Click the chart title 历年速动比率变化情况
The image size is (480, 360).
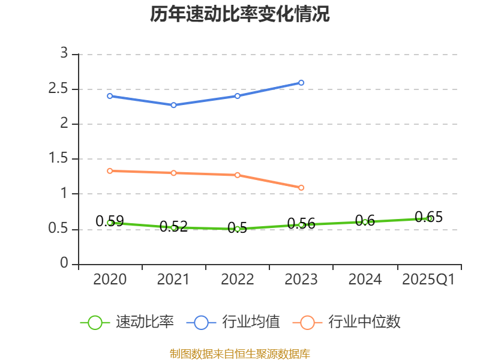240,14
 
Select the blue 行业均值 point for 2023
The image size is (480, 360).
301,83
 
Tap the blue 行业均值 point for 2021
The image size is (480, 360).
173,105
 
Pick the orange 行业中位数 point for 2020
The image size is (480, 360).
110,171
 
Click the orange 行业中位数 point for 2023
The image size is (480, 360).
301,188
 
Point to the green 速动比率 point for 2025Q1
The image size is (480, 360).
429,218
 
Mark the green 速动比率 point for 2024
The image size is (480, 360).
365,222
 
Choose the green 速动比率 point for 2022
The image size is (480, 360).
238,229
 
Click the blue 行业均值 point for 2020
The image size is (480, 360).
110,96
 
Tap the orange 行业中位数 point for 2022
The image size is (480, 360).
238,175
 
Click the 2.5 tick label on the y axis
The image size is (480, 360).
60,89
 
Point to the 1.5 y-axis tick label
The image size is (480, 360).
60,159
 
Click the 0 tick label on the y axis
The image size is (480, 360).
65,264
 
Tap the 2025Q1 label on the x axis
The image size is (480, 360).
429,280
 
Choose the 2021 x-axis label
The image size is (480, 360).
173,280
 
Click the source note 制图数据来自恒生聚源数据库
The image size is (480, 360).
240,353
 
